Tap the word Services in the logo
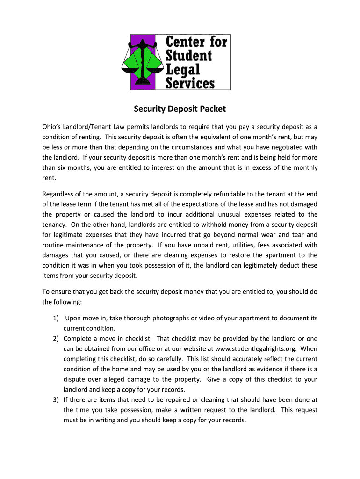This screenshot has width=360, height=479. pos(191,83)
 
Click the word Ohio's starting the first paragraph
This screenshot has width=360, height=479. pos(53,127)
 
